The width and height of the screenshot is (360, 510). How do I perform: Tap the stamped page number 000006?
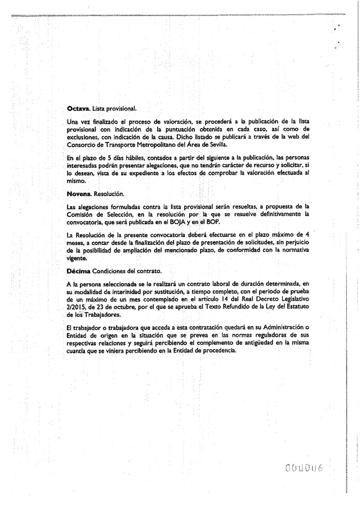pos(304,467)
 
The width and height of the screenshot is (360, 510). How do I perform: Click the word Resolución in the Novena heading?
pos(109,194)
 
